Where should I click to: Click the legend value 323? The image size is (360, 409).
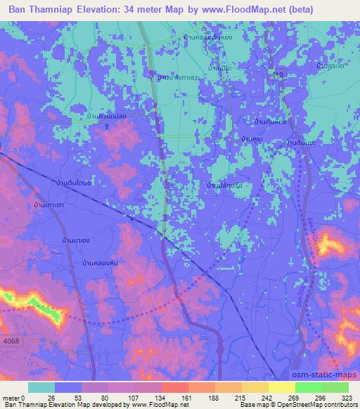click(x=347, y=397)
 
